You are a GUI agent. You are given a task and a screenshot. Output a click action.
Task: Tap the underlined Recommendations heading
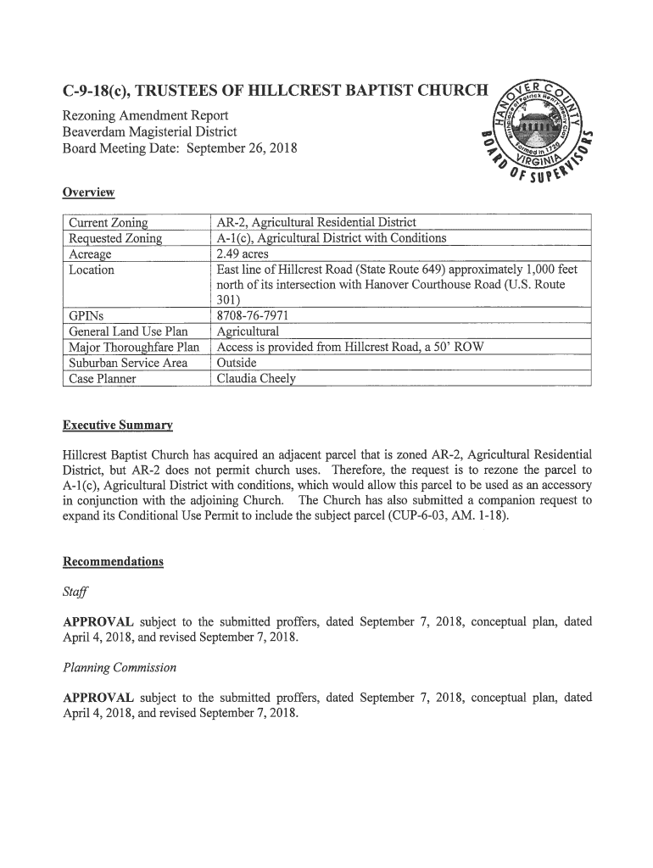coord(114,562)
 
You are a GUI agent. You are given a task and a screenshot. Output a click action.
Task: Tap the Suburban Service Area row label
coord(128,363)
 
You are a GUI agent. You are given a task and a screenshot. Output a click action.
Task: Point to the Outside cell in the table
coord(237,363)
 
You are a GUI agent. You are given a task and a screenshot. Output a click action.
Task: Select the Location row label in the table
coord(92,270)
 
